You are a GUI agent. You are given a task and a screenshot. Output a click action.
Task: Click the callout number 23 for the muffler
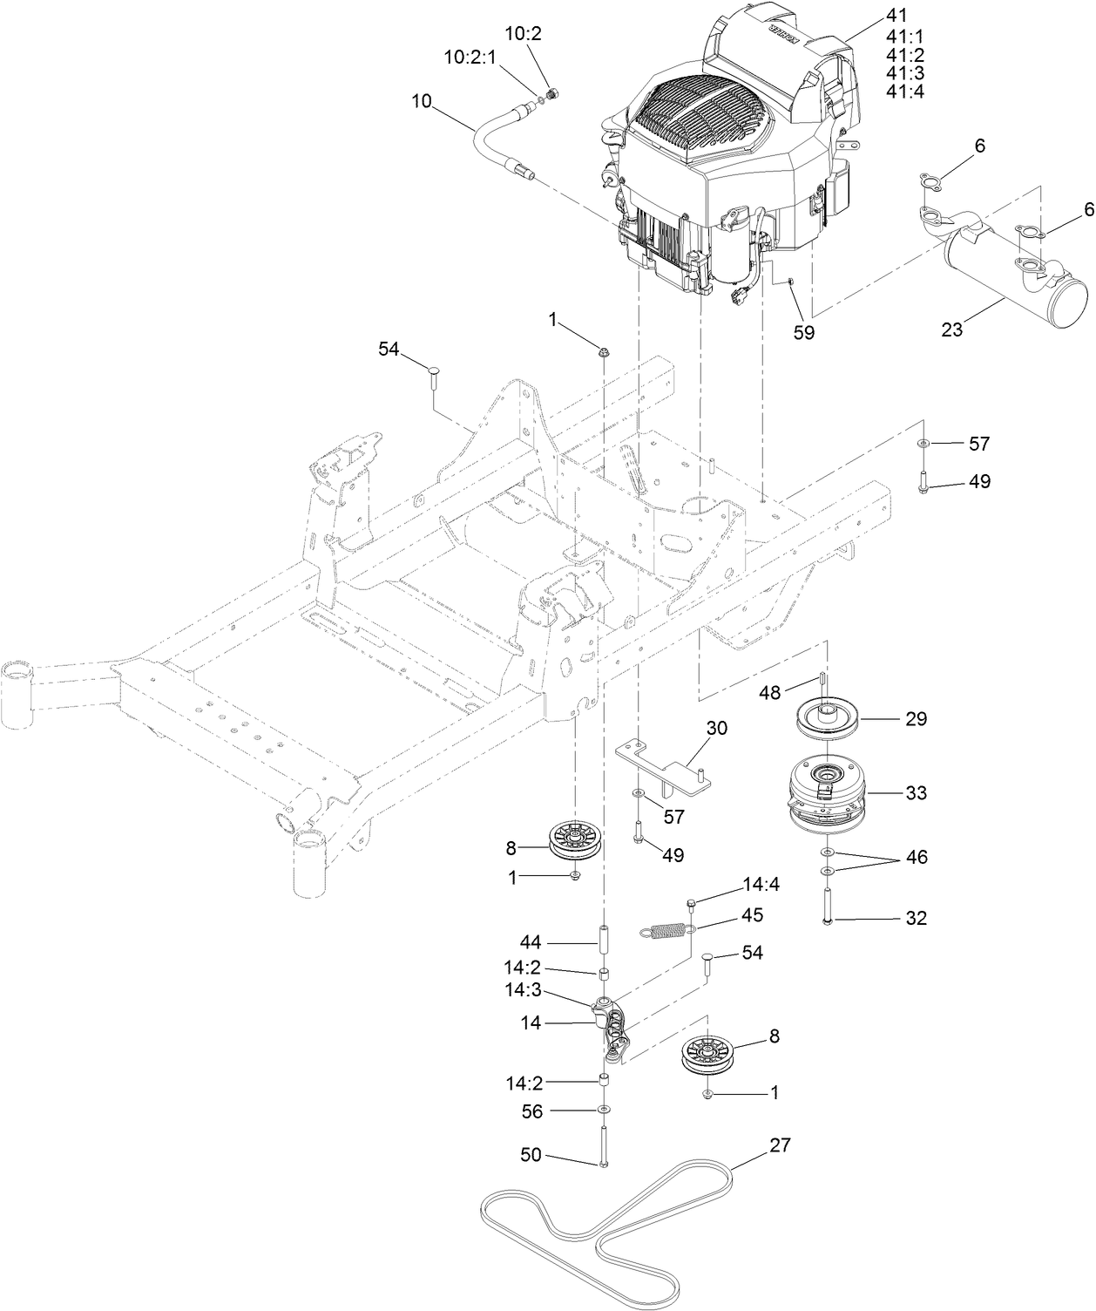[953, 330]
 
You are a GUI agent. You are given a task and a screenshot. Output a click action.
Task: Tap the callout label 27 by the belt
[780, 1145]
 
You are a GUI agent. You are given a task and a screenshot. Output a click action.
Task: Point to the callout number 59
[803, 333]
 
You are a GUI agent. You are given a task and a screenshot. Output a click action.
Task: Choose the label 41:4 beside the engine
[906, 92]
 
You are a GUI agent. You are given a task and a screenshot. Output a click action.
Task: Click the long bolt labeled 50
[602, 1147]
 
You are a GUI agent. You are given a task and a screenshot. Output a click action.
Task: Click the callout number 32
[916, 918]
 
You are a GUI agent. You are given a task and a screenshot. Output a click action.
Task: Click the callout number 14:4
[761, 885]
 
